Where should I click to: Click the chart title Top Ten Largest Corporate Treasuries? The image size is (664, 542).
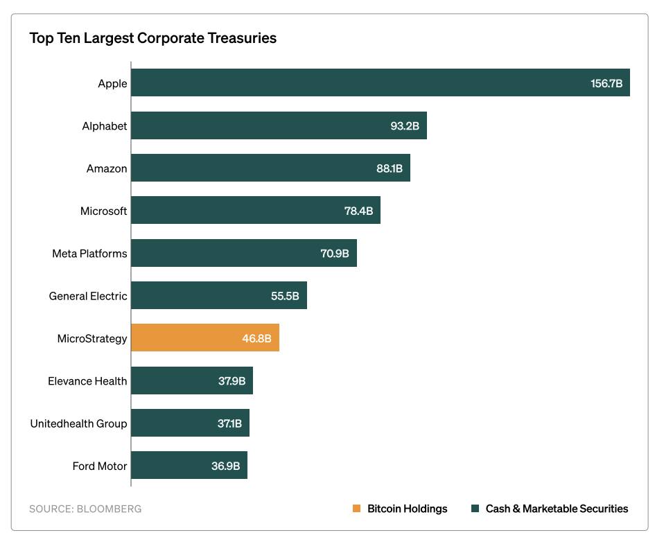coord(152,38)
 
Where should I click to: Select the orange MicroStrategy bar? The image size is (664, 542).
coord(204,338)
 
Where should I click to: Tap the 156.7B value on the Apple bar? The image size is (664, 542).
coord(606,83)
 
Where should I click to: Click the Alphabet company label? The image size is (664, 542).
coord(105,126)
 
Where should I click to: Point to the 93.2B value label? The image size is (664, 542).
coord(405,126)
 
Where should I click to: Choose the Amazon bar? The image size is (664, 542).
coord(270,168)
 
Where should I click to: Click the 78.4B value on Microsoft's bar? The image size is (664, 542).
coord(358,211)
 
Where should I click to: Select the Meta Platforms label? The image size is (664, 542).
coord(89,253)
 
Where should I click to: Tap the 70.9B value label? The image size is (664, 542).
coord(335,253)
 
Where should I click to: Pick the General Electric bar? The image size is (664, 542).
coord(218,295)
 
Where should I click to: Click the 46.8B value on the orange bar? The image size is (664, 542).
coord(256,339)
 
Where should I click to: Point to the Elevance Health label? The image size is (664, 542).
coord(87,381)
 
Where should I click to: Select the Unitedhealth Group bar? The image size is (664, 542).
coord(190,423)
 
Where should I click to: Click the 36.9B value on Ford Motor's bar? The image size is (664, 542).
coord(225,466)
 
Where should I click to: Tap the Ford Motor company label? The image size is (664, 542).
coord(99,466)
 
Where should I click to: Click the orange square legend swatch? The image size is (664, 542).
coord(356,509)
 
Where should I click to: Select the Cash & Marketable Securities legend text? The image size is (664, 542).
coord(557,509)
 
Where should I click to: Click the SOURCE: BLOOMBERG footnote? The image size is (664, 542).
coord(85,509)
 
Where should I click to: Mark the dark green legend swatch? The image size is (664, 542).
coord(475,509)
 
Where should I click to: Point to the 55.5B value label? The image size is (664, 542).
coord(285,296)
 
